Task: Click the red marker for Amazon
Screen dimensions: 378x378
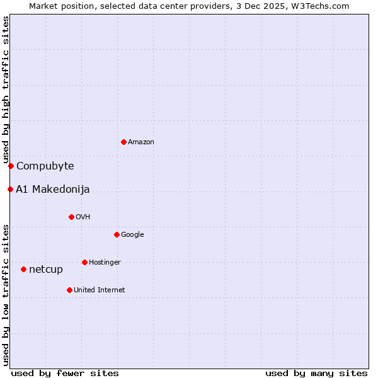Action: [x=123, y=142]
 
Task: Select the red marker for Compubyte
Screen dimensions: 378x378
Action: [x=11, y=166]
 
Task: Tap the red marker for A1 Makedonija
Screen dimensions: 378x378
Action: [x=10, y=189]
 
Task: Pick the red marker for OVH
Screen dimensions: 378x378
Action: [x=71, y=217]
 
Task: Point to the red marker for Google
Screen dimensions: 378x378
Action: [x=117, y=234]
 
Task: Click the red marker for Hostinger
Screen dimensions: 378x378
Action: [x=84, y=262]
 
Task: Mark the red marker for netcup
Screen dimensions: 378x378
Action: [x=23, y=269]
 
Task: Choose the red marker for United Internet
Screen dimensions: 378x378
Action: [x=69, y=290]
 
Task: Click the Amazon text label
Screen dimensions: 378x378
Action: [x=141, y=142]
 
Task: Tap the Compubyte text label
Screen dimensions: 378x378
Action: [x=45, y=166]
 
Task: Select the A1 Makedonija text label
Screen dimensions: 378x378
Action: [x=53, y=190]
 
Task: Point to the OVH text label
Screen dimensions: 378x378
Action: [x=83, y=217]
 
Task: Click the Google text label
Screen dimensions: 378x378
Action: [x=132, y=235]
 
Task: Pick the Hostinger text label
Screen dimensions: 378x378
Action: [x=105, y=263]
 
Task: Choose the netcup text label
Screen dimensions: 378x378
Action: [x=46, y=270]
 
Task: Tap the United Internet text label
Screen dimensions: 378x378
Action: [x=100, y=290]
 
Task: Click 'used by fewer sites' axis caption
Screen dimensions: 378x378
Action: [x=65, y=373]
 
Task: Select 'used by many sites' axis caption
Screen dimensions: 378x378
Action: [x=316, y=373]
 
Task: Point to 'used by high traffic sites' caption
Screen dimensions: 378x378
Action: [x=6, y=89]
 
